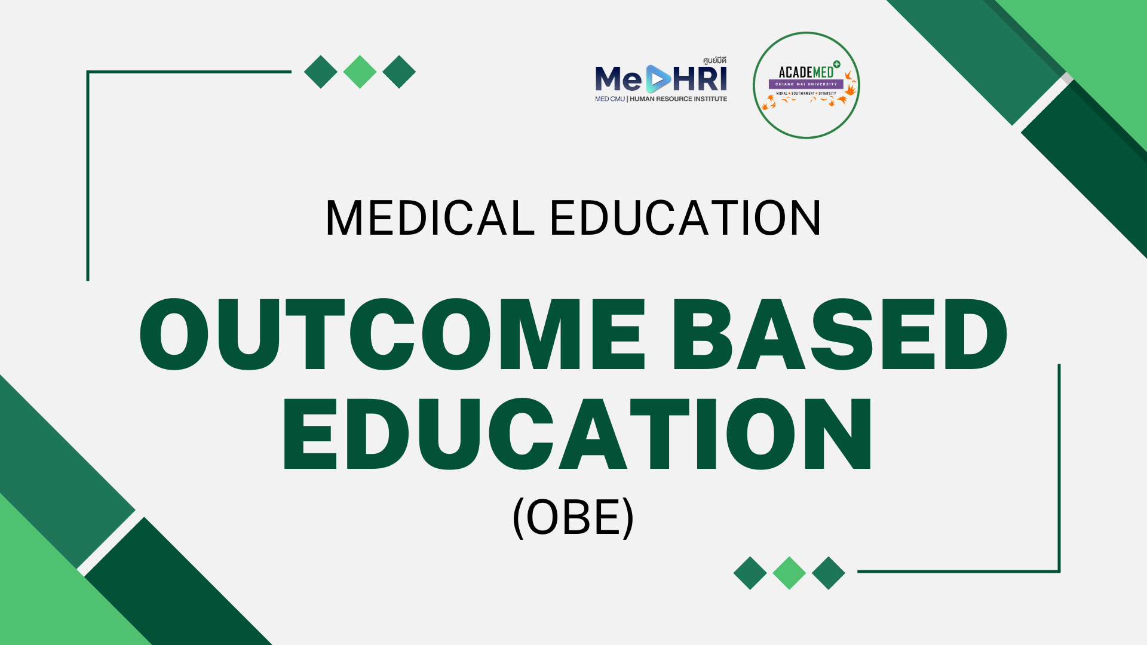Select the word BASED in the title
[840, 334]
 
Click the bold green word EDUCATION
[577, 434]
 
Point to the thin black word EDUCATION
[685, 218]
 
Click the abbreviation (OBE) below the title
[573, 517]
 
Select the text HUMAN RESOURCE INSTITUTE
[678, 99]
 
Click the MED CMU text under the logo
[609, 99]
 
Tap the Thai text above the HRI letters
[714, 60]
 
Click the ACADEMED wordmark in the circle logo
[806, 73]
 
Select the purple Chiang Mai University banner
[806, 84]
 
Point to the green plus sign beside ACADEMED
[837, 64]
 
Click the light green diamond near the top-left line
[360, 72]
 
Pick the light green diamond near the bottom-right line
[789, 573]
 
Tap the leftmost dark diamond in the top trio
[321, 72]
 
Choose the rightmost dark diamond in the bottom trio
[829, 573]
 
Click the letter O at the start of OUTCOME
[174, 334]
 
